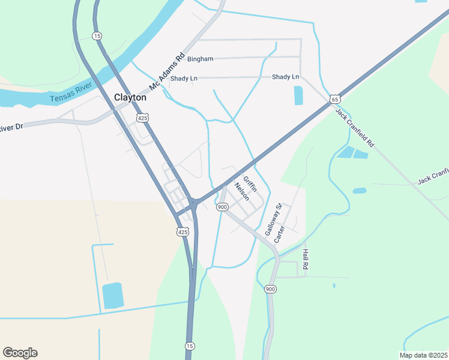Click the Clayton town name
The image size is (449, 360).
130,97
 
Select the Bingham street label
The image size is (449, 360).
200,59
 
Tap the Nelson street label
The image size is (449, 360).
241,191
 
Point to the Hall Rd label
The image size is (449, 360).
305,259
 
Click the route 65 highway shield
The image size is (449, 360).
335,98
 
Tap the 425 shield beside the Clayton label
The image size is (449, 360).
142,118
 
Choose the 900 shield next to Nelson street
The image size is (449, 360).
222,207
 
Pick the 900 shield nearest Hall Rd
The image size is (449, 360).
271,289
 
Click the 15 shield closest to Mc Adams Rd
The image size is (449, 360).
97,36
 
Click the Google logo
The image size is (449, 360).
20,353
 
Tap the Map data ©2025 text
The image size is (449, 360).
423,355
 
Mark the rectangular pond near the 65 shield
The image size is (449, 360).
298,96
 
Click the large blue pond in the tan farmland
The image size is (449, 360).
112,296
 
